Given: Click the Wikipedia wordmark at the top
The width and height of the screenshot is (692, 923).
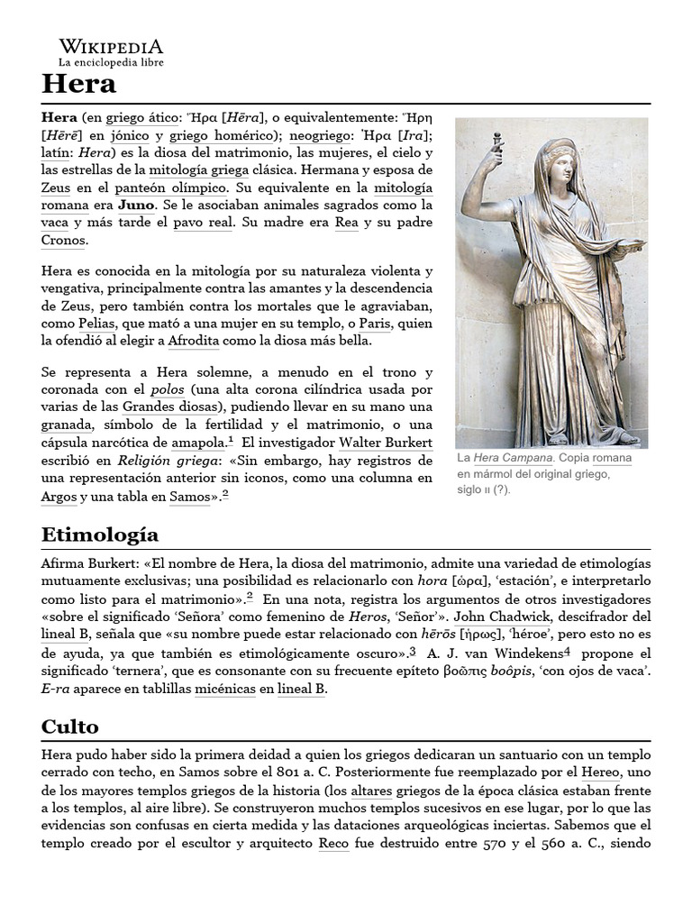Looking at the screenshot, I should (x=112, y=46).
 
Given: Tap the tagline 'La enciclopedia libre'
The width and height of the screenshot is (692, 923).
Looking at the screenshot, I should (x=112, y=63).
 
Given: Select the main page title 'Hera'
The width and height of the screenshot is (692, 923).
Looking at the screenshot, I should (x=78, y=85).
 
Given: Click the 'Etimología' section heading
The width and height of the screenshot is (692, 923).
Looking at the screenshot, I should (x=99, y=535).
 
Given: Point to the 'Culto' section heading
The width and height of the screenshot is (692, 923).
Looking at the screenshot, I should (x=69, y=727).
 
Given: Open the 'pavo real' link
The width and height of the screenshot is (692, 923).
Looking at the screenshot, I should (x=201, y=223).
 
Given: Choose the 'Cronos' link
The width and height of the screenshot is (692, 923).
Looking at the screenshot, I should (x=63, y=240).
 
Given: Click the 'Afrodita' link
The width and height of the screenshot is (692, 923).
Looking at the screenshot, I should (x=194, y=341).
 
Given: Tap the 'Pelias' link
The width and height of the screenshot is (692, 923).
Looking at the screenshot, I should (x=96, y=324).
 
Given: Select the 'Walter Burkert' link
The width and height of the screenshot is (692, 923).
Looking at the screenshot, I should (x=386, y=443).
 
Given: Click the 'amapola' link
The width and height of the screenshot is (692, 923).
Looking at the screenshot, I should (x=198, y=443).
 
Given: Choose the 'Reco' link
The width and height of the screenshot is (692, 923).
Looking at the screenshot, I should (x=333, y=844).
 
